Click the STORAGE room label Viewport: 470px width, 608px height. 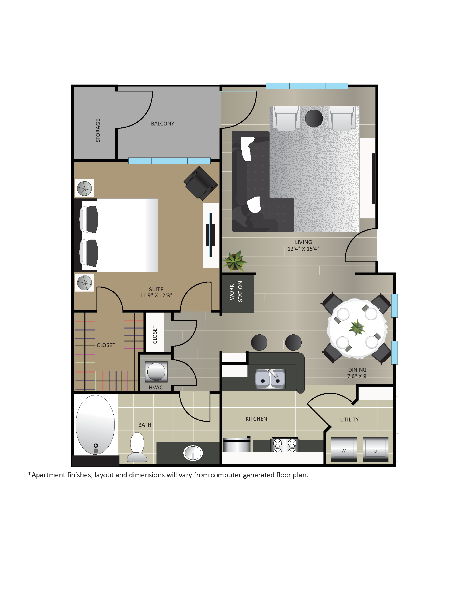(x=98, y=130)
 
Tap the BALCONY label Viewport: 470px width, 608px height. (x=163, y=124)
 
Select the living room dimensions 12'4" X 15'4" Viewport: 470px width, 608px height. (x=303, y=249)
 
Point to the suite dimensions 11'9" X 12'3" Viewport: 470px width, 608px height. (x=156, y=295)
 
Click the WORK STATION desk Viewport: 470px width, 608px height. (x=238, y=293)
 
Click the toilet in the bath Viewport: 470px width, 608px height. (x=137, y=448)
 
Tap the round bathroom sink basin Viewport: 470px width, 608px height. (x=193, y=453)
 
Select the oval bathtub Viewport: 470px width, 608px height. (x=95, y=424)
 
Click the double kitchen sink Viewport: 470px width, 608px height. (x=270, y=379)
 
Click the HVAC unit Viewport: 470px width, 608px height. (x=156, y=371)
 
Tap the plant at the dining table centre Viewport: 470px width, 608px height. (x=357, y=328)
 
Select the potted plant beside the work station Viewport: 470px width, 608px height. (x=234, y=261)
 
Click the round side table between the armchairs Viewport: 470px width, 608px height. (x=314, y=118)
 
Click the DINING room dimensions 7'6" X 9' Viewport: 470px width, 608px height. (x=357, y=376)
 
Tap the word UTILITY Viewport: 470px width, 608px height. (x=349, y=420)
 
